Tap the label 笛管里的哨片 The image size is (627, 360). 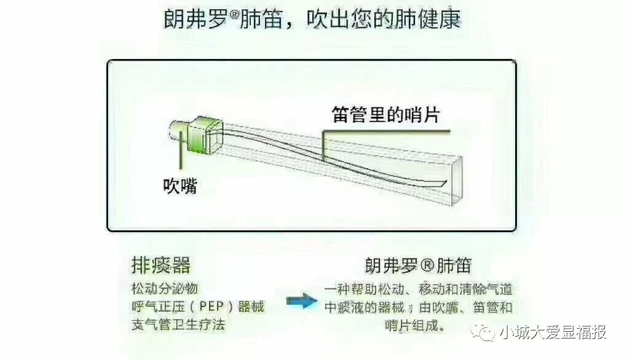pyautogui.click(x=386, y=114)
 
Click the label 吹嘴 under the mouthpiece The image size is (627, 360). pyautogui.click(x=180, y=186)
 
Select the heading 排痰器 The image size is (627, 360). pyautogui.click(x=161, y=265)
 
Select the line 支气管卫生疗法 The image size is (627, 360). pyautogui.click(x=179, y=324)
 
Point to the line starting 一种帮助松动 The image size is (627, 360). pyautogui.click(x=418, y=289)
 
